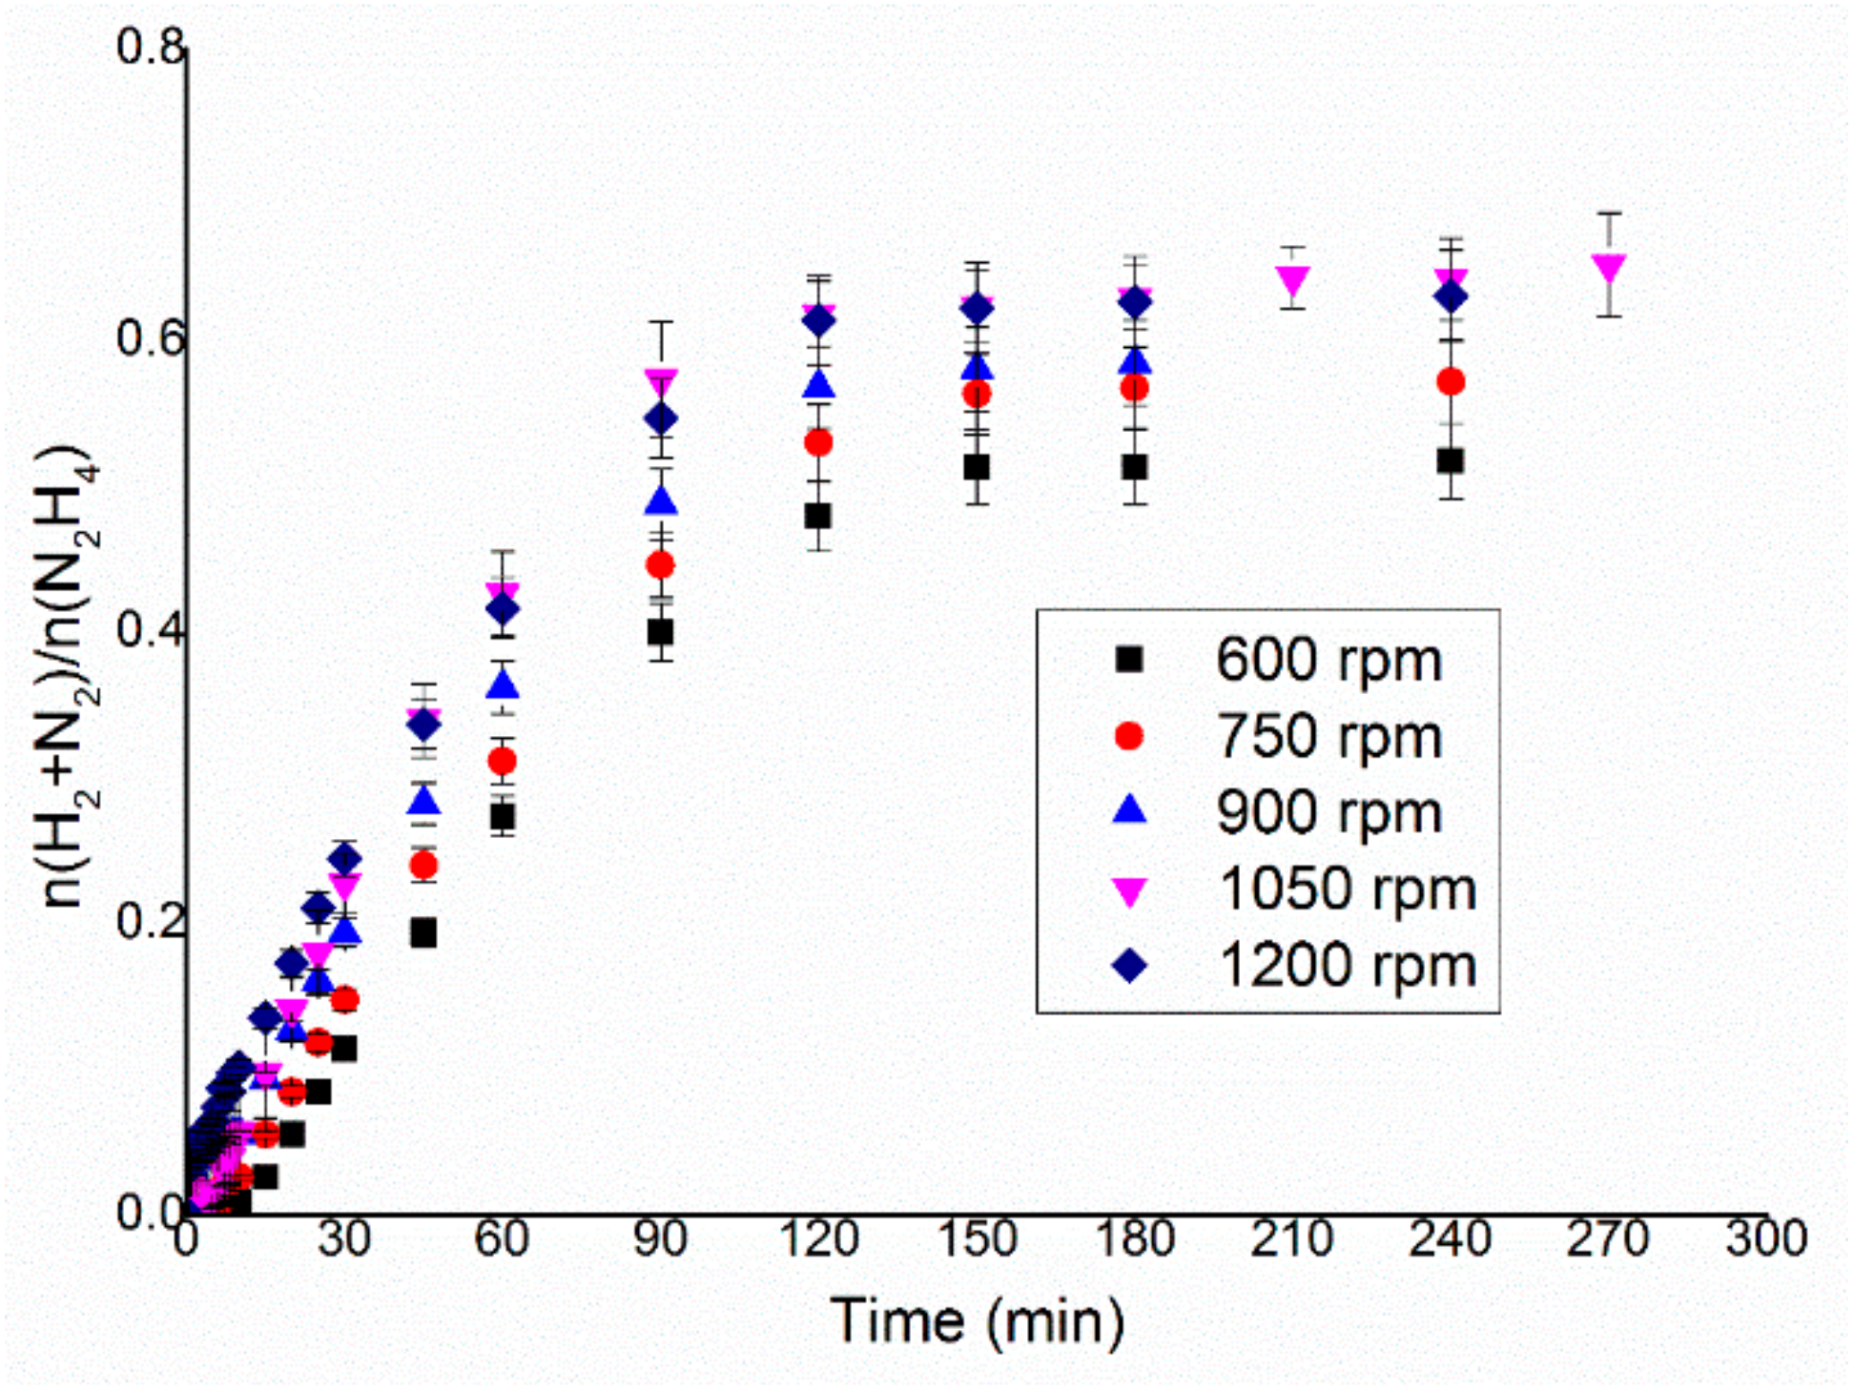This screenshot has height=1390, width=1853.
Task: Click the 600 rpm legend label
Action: pyautogui.click(x=1328, y=660)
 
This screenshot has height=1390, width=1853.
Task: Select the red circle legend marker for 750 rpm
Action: pyautogui.click(x=1129, y=737)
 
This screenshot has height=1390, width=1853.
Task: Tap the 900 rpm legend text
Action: pyautogui.click(x=1328, y=812)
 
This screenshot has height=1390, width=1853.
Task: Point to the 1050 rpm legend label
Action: pyautogui.click(x=1347, y=889)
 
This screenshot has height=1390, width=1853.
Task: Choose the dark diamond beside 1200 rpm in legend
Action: pyautogui.click(x=1130, y=966)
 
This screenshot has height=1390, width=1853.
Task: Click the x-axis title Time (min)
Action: pyautogui.click(x=977, y=1321)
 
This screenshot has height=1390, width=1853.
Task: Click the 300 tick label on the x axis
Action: pyautogui.click(x=1765, y=1239)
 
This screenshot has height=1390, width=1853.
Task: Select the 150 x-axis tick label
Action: pyautogui.click(x=977, y=1239)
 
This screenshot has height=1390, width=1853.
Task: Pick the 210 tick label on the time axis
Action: pyautogui.click(x=1292, y=1239)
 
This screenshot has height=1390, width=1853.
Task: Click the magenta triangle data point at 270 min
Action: pyautogui.click(x=1609, y=269)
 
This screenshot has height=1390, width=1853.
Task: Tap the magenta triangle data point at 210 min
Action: pyautogui.click(x=1293, y=280)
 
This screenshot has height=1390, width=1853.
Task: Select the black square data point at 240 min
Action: pyautogui.click(x=1450, y=461)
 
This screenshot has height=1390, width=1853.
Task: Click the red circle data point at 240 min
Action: pyautogui.click(x=1450, y=382)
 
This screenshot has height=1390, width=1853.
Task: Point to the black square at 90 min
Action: pyautogui.click(x=660, y=632)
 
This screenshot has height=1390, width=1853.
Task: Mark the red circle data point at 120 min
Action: pyautogui.click(x=818, y=443)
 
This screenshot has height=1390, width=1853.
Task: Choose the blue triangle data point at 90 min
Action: pyautogui.click(x=661, y=501)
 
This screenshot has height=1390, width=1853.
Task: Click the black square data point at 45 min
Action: pyautogui.click(x=423, y=933)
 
